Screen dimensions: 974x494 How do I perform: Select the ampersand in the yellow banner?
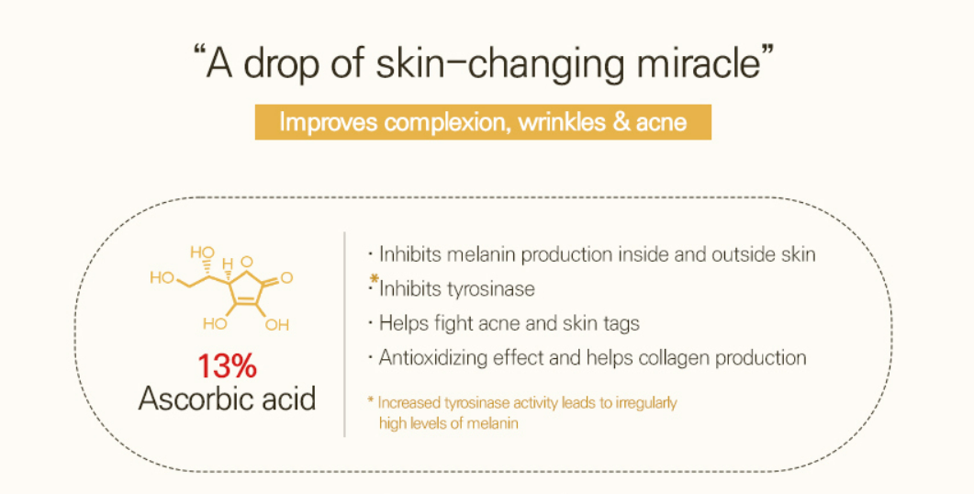pyautogui.click(x=621, y=122)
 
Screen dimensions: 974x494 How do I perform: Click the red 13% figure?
pyautogui.click(x=227, y=365)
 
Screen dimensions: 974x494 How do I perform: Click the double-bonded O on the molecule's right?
pyautogui.click(x=286, y=277)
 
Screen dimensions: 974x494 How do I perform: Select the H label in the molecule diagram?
pyautogui.click(x=228, y=264)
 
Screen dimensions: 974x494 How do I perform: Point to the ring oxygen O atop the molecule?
pyautogui.click(x=247, y=262)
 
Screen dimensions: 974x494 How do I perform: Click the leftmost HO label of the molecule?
pyautogui.click(x=162, y=277)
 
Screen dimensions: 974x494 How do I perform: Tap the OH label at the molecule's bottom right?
pyautogui.click(x=277, y=324)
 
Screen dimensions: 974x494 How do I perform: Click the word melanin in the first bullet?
pyautogui.click(x=481, y=254)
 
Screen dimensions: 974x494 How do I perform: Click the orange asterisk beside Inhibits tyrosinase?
pyautogui.click(x=374, y=278)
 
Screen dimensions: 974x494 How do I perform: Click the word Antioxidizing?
pyautogui.click(x=432, y=358)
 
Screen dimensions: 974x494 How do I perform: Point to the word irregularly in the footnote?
pyautogui.click(x=646, y=403)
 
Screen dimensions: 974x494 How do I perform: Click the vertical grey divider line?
pyautogui.click(x=345, y=334)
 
